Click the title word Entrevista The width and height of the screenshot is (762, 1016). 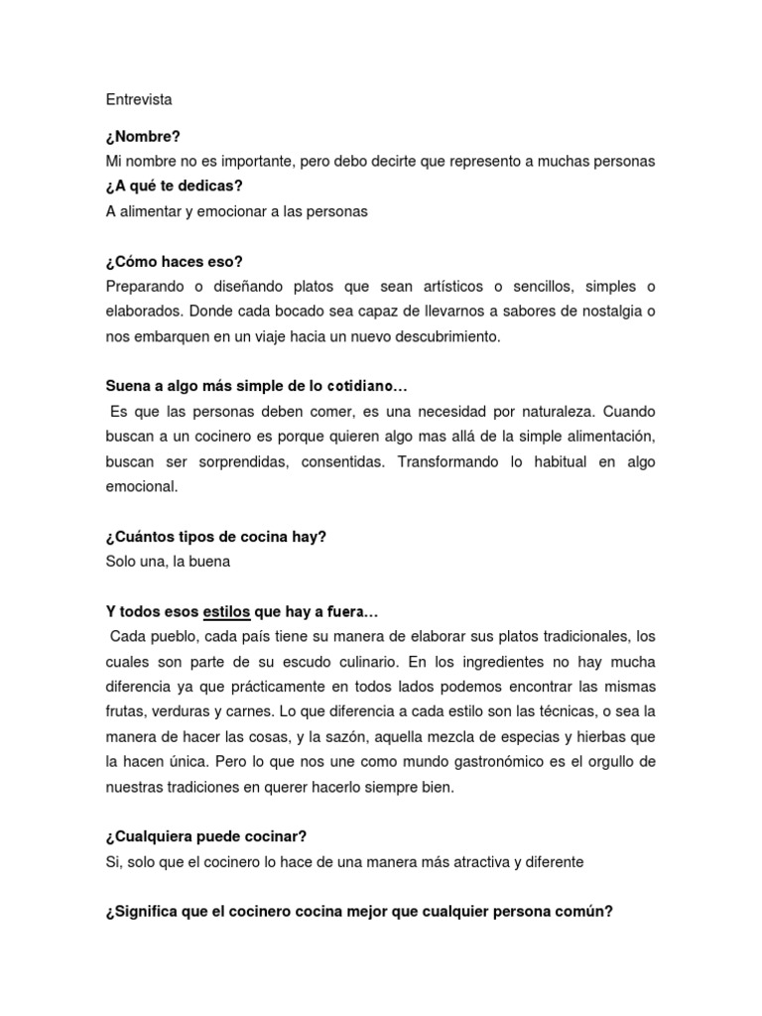point(139,100)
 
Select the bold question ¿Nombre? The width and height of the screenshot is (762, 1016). point(143,136)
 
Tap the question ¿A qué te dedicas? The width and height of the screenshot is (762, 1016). point(174,187)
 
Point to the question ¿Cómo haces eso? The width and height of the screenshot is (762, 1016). point(174,262)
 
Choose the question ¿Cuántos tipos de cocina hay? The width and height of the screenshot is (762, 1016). point(216,537)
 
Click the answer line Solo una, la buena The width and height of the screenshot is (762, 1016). point(168,562)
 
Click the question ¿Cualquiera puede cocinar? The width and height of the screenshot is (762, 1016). point(199,837)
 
